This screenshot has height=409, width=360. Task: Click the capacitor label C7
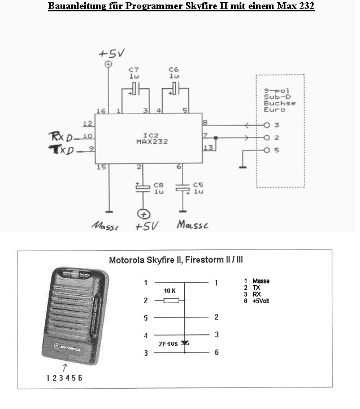pos(135,69)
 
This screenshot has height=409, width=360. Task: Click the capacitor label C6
pos(174,69)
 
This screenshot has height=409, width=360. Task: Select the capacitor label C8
pos(159,185)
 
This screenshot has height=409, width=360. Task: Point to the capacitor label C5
pos(198,185)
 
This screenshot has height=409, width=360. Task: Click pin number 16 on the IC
pos(102,110)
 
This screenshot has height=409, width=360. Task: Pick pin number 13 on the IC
pos(208,148)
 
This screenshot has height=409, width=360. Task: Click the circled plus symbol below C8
pos(144,214)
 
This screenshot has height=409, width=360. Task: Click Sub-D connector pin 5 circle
pos(267,150)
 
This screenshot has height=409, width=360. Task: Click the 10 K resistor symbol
pos(171,300)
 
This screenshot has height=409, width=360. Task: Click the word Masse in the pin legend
pos(261,281)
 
